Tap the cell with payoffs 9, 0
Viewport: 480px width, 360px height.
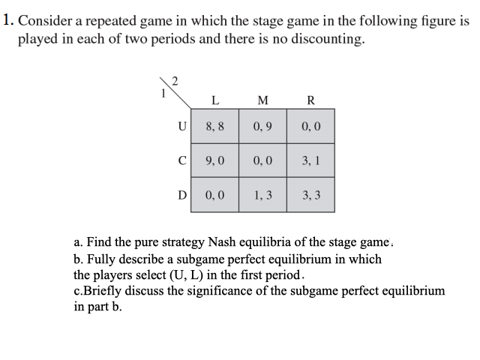[215, 160]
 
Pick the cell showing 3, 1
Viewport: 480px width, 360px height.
[310, 160]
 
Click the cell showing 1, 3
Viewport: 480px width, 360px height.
[262, 194]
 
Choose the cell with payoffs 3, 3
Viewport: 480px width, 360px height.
[310, 194]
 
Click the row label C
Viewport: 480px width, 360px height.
[181, 160]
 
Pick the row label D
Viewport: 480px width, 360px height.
[181, 194]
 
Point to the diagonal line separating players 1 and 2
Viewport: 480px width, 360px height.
[172, 89]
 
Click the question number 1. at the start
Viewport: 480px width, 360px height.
[7, 22]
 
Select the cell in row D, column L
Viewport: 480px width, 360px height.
[215, 194]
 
